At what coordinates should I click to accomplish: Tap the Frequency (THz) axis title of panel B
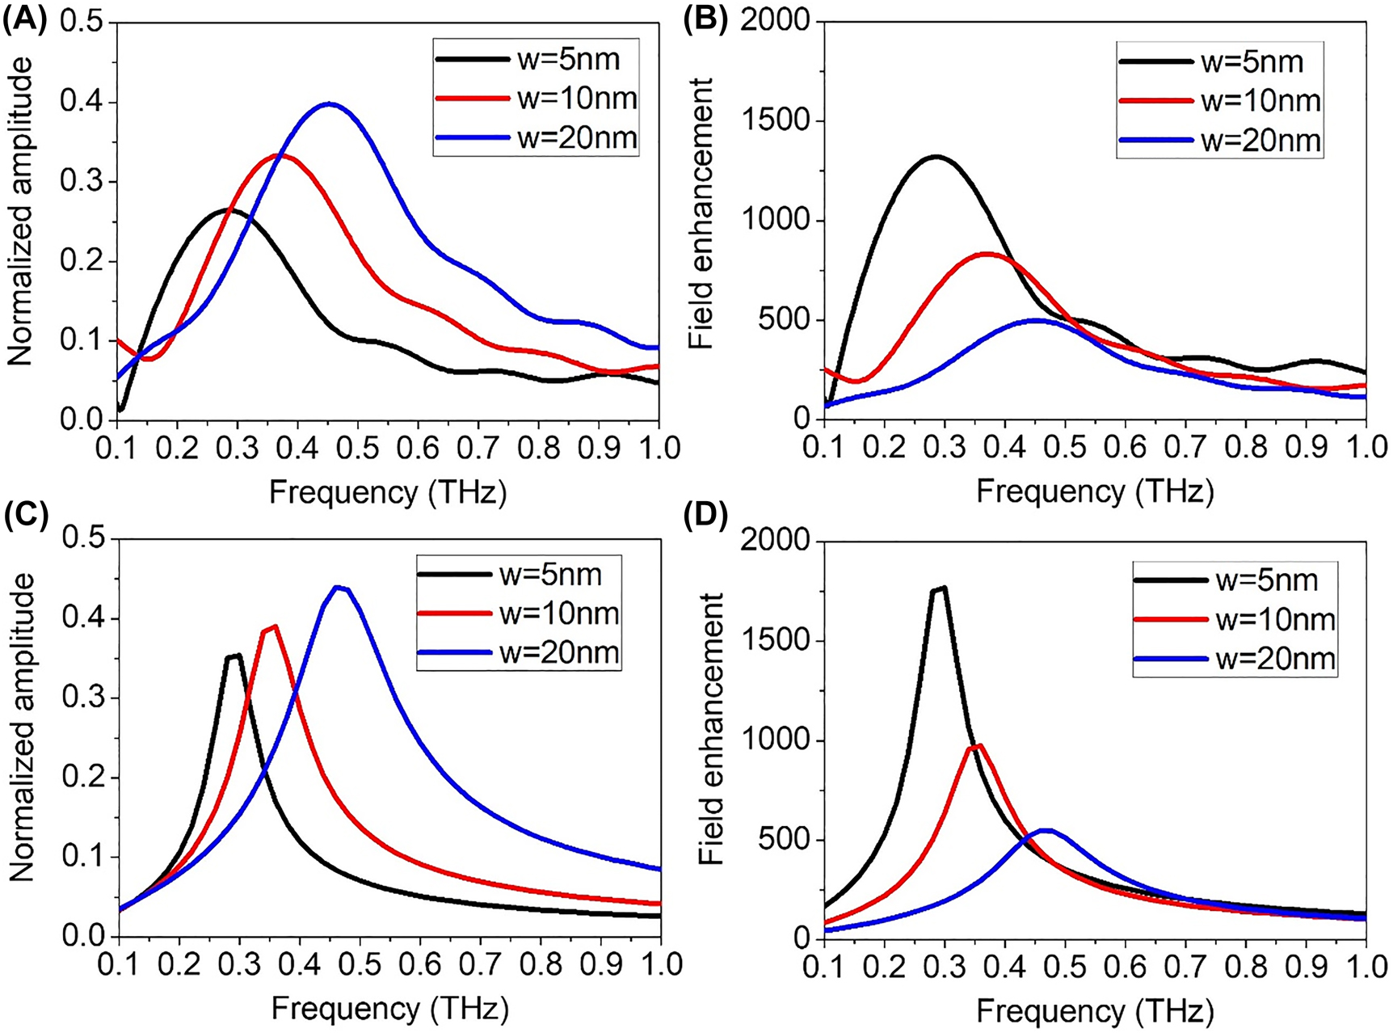coord(1095,491)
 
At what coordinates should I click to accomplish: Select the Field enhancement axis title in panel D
coord(711,727)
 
